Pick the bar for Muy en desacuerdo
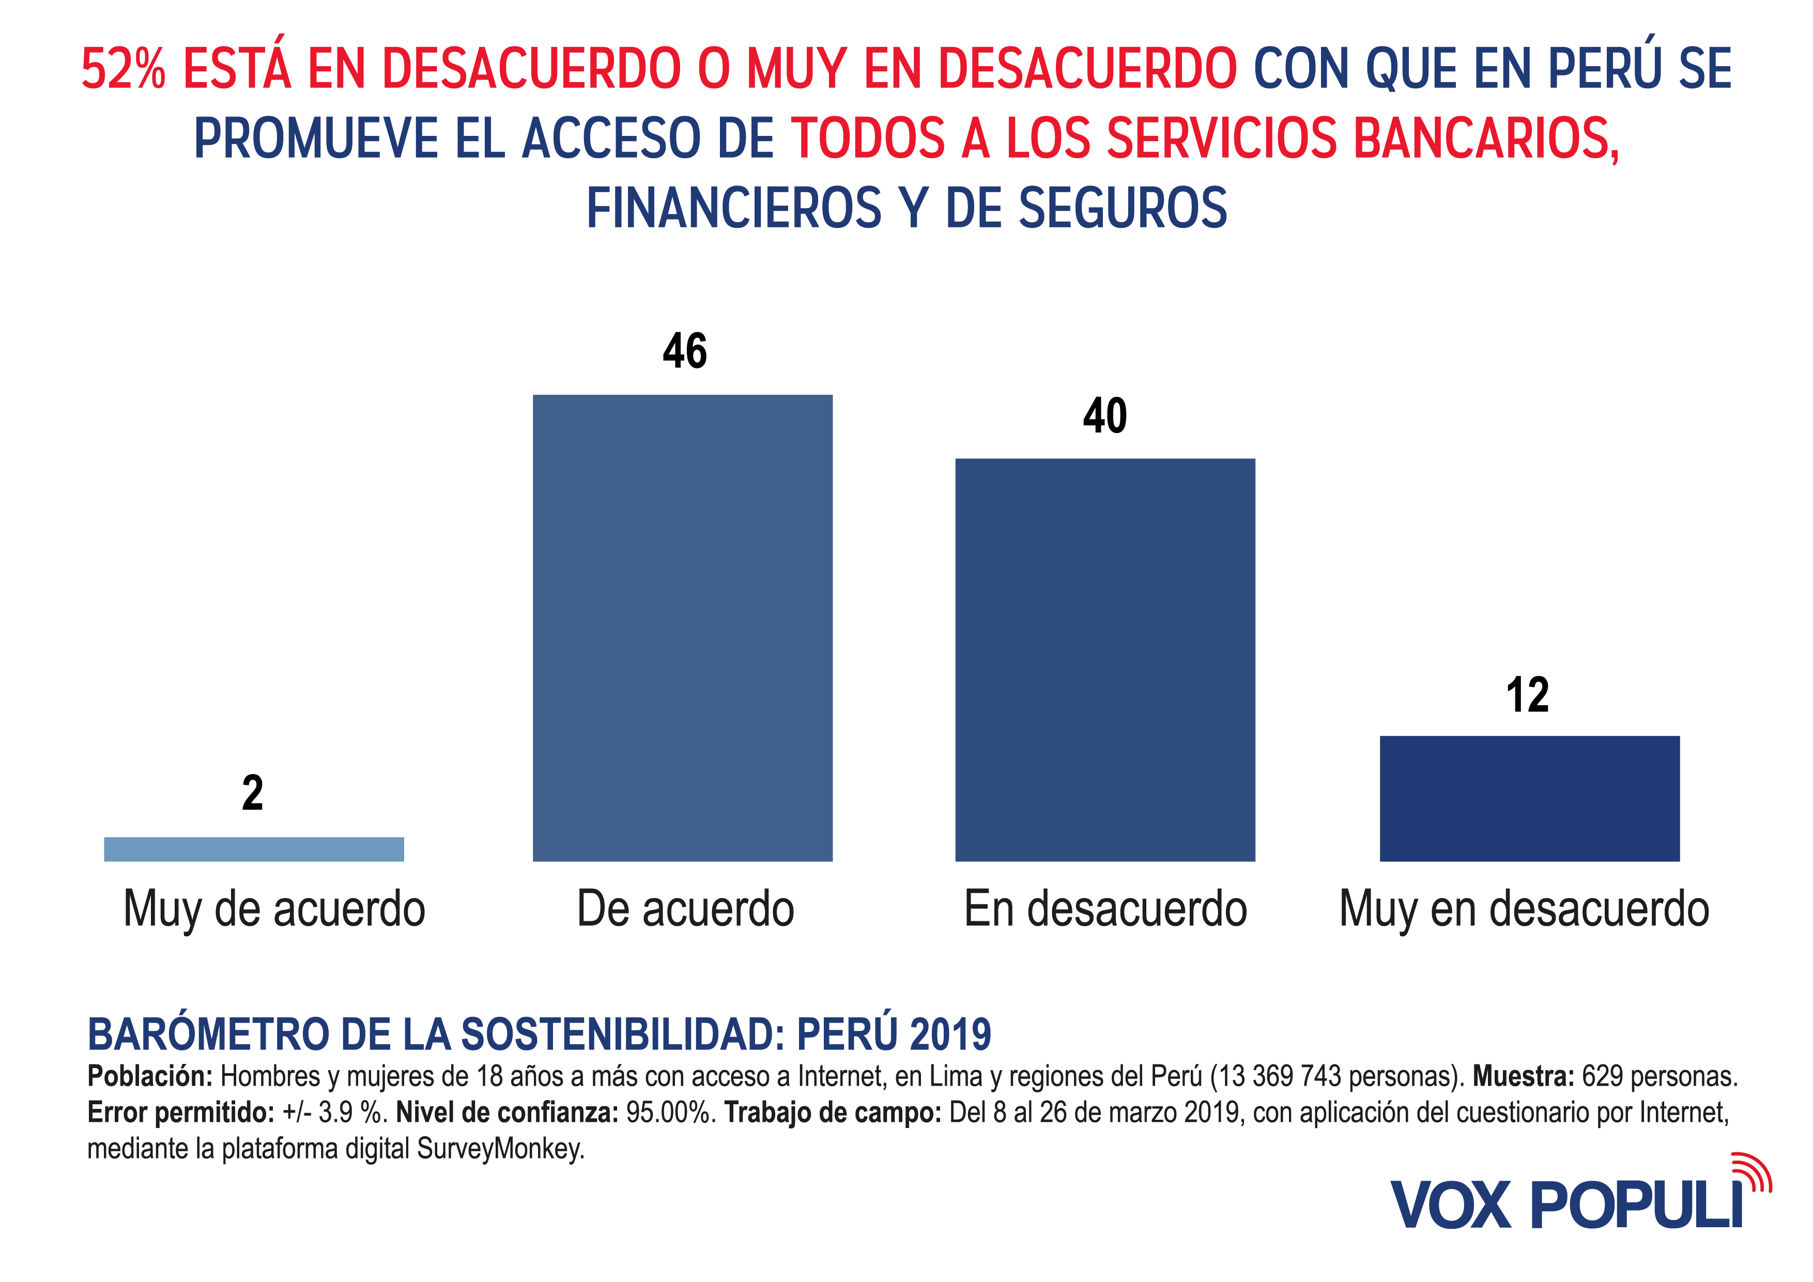tap(1529, 798)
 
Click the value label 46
tap(685, 351)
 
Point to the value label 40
tap(1104, 416)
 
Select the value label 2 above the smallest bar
tap(253, 793)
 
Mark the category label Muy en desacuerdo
tap(1524, 909)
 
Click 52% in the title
tap(124, 69)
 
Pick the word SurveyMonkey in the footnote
tap(501, 1149)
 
